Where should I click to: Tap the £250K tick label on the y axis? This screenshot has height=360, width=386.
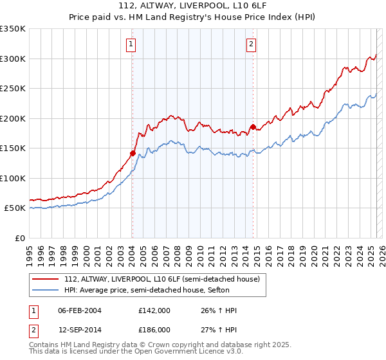click(12, 89)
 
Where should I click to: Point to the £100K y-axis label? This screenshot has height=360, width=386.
click(12, 178)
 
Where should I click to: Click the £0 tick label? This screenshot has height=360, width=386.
click(20, 238)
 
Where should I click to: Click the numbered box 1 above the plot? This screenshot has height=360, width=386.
click(131, 44)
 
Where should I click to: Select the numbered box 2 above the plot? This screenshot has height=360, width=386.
click(250, 44)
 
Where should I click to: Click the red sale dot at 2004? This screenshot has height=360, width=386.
click(133, 153)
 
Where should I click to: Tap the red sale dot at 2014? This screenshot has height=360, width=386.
click(253, 127)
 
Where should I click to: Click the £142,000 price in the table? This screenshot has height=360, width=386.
click(154, 310)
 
